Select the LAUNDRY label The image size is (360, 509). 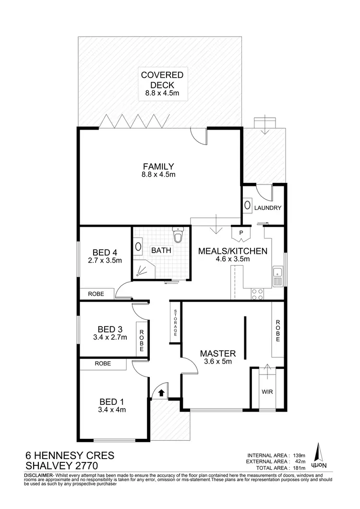[267, 208]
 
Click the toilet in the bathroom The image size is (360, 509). [178, 236]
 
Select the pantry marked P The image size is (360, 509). [241, 234]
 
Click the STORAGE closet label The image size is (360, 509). [176, 323]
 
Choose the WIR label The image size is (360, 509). [267, 391]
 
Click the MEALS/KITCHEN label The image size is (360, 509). [232, 251]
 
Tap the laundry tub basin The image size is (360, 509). [248, 206]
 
